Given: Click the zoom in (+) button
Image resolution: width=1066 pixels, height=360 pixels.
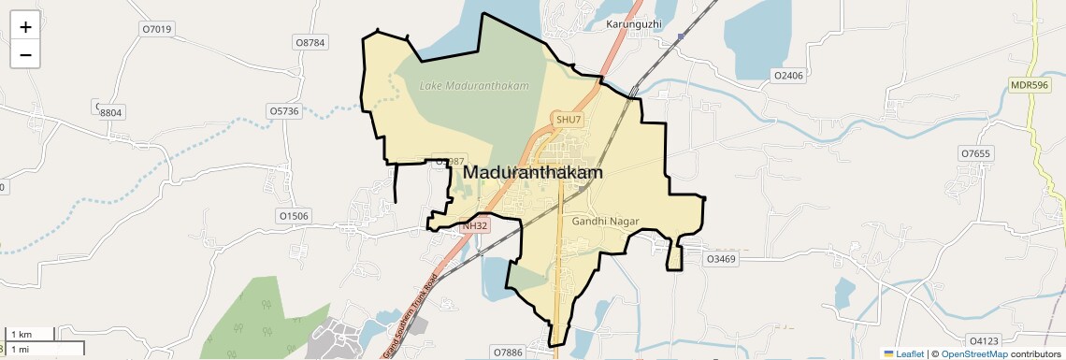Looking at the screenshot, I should point(25,27).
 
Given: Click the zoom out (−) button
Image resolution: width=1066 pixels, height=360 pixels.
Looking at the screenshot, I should point(25,54).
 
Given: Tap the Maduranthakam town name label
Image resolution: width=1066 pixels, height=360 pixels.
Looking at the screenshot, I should point(532,173).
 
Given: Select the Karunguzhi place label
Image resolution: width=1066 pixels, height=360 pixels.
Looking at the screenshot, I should point(634,22).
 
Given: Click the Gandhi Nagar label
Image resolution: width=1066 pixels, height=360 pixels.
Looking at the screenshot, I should point(605,221).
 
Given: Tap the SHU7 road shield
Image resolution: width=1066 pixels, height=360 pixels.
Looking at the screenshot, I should point(569,120).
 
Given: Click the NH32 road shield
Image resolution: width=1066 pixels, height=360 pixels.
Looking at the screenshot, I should point(475,225).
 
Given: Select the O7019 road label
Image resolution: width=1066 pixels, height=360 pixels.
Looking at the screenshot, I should point(157,29).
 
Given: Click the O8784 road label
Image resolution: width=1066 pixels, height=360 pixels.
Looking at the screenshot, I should point(310,42).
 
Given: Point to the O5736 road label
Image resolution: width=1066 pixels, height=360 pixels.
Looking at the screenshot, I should point(283,110).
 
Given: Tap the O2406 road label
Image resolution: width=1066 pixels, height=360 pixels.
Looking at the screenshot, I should point(788,75).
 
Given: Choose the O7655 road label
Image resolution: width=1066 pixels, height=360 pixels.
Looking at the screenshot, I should point(975,152).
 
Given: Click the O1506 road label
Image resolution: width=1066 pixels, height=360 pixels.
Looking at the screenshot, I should point(294,216).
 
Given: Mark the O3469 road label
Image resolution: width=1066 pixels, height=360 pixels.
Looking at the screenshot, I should point(721,258).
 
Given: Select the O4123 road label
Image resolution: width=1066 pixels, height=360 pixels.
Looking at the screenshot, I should point(985,340).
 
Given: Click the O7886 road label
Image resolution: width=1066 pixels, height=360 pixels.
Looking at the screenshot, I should point(510,352).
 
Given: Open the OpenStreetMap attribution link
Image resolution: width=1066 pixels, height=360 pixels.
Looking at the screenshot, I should point(974,353).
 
